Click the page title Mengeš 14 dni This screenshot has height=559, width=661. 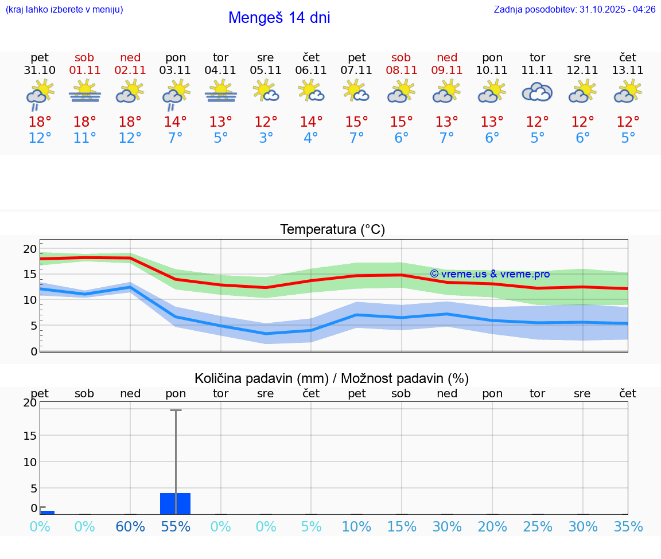coord(279,18)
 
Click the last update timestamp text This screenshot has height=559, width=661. coord(574,10)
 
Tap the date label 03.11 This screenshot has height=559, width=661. coord(176,71)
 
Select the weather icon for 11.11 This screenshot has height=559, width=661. coord(537,92)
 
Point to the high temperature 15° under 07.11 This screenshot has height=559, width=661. coord(356,122)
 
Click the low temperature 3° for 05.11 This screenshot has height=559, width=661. coord(266,138)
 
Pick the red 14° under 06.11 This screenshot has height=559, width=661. coord(311,122)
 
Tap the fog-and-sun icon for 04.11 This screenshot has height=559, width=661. coord(221,92)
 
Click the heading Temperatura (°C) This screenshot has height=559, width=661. coord(332,230)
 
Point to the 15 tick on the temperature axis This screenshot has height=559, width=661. coord(30,274)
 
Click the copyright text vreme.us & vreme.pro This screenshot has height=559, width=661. coord(490,274)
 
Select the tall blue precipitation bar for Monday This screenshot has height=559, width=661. coord(176,503)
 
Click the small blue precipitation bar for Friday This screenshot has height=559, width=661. coord(47,512)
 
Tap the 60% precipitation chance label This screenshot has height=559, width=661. coord(130,527)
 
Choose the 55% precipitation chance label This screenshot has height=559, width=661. coord(176,527)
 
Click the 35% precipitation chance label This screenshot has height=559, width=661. coord(628,527)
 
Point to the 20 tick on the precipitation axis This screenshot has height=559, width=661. coord(30,402)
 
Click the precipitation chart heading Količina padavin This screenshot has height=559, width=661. coord(332,378)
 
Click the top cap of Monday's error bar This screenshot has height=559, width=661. coord(176,410)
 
